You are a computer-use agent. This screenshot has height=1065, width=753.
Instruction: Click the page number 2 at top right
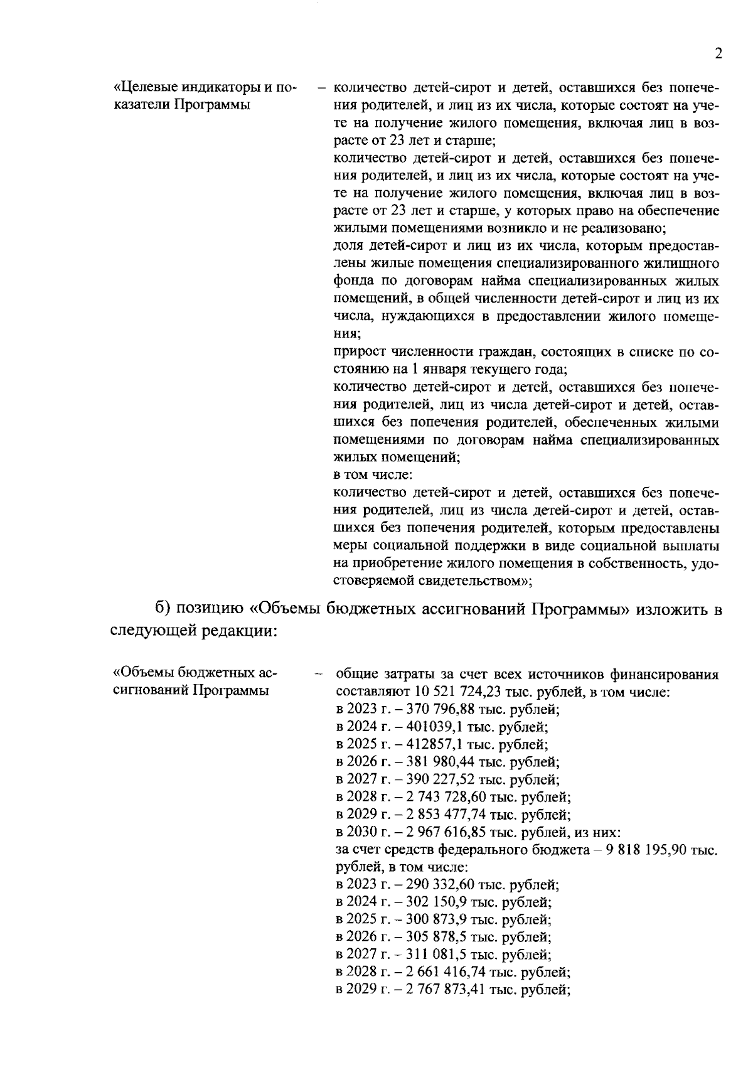pos(718,53)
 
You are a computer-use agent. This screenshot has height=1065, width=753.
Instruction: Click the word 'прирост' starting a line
pos(358,353)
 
